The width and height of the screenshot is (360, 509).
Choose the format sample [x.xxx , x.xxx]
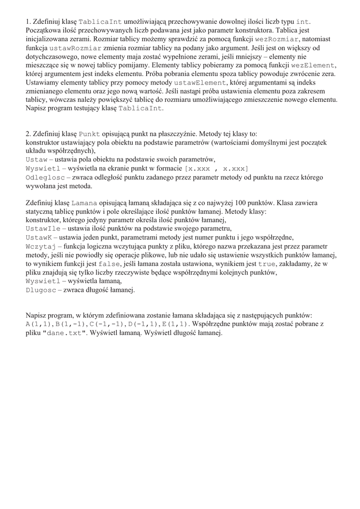click(x=216, y=169)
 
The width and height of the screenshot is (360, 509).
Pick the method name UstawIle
click(x=43, y=229)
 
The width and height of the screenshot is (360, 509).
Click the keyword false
click(x=109, y=264)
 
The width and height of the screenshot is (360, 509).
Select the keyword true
click(x=267, y=264)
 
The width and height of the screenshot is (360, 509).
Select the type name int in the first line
click(x=303, y=22)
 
